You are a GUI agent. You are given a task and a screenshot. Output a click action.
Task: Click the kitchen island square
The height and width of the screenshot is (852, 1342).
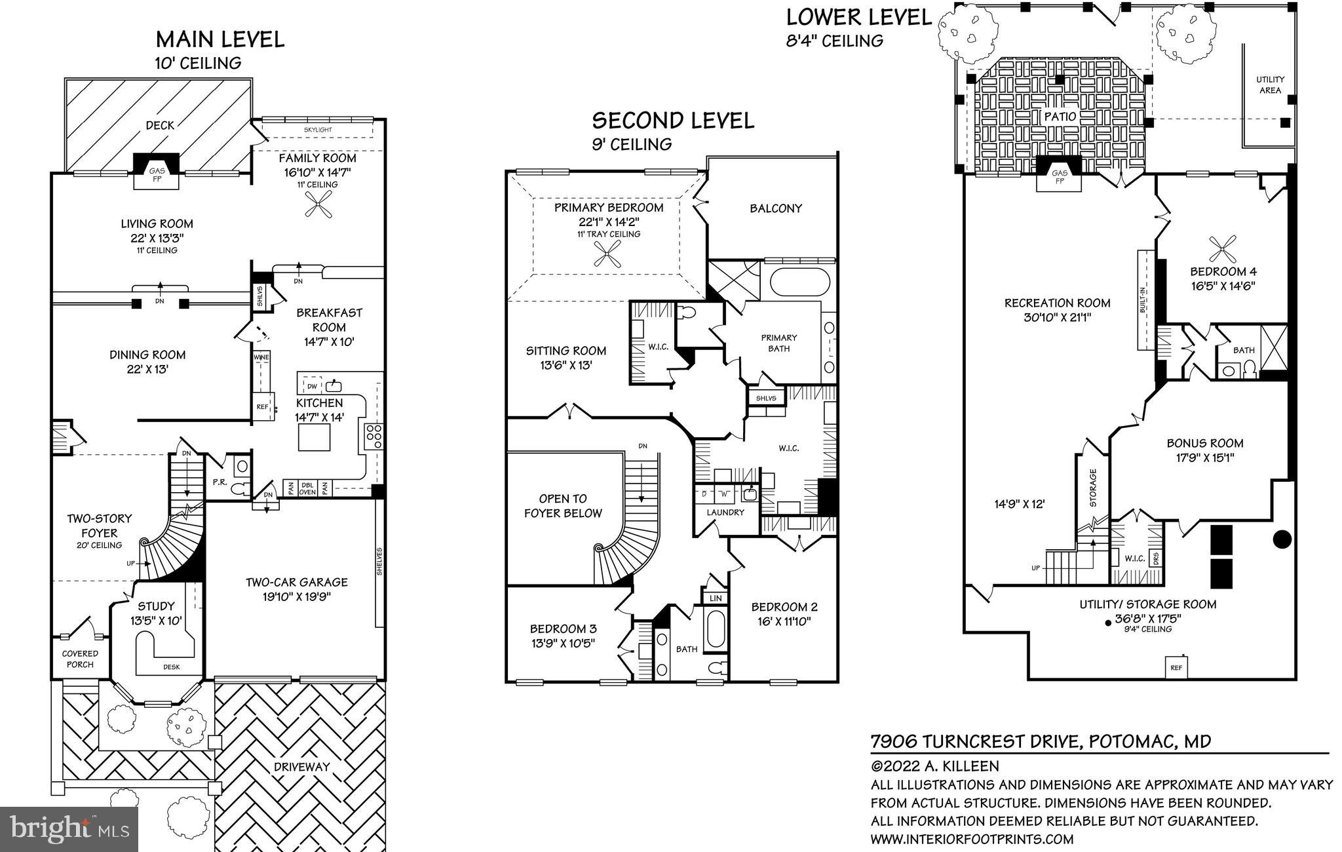coord(314,437)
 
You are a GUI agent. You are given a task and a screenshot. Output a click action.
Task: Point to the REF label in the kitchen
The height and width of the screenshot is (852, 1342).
coord(262,407)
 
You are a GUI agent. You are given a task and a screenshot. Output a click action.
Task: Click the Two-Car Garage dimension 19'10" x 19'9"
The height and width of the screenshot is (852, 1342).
coord(297,597)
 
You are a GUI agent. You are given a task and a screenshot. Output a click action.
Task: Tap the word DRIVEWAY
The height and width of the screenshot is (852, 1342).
coord(302,766)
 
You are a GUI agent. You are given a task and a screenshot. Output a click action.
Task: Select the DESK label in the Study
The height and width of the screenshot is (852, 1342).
coord(172,667)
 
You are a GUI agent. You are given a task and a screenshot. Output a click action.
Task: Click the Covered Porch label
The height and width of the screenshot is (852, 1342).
coord(80,659)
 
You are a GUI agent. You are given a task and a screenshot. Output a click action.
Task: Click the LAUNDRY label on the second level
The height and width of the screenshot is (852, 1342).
coord(725,512)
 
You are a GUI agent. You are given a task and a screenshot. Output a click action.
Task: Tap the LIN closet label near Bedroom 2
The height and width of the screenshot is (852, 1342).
coord(715,598)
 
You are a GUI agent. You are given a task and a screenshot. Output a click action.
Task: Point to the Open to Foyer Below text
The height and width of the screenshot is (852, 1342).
coord(563,506)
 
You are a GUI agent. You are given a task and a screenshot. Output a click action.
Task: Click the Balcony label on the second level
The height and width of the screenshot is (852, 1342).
coord(776,208)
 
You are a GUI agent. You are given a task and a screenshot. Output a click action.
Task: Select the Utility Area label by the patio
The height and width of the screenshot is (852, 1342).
coord(1270,85)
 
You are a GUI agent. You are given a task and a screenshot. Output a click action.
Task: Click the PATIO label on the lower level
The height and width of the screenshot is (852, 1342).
coord(1060,117)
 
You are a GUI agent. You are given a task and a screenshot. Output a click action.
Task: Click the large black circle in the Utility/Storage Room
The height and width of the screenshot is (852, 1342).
coord(1282,539)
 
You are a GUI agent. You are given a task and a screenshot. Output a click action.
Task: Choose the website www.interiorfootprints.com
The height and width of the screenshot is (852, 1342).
coord(972,839)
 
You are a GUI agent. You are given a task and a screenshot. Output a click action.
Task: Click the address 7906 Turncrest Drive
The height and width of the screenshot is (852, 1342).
coord(974,741)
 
